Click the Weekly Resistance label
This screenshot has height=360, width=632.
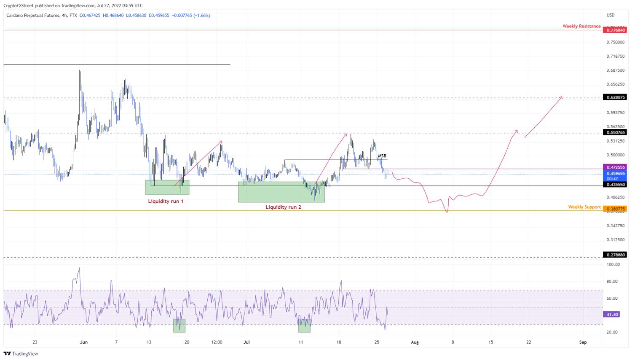(581, 26)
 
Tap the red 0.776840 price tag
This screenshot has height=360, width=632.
(615, 30)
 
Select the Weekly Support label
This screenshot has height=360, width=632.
(584, 207)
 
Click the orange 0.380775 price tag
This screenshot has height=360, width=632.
(615, 209)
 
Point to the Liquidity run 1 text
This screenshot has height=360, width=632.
(166, 201)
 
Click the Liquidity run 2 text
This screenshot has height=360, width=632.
(283, 207)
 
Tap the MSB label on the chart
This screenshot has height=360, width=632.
(382, 156)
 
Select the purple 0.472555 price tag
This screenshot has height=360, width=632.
(615, 167)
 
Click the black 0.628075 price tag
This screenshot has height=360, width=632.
(615, 97)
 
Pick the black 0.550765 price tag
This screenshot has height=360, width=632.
(615, 132)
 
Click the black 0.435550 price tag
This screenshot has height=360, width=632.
(615, 185)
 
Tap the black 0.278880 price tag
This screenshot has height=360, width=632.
(615, 255)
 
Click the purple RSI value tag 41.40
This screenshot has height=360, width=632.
(611, 314)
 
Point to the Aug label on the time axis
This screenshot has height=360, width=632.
(415, 342)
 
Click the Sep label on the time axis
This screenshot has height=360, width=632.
(583, 342)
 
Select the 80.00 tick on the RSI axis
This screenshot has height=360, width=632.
(612, 282)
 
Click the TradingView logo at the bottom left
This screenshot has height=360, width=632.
(21, 354)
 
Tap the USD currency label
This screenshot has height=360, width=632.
(611, 15)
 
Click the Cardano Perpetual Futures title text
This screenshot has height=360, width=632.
(33, 16)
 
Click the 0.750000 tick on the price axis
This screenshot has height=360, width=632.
(615, 42)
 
